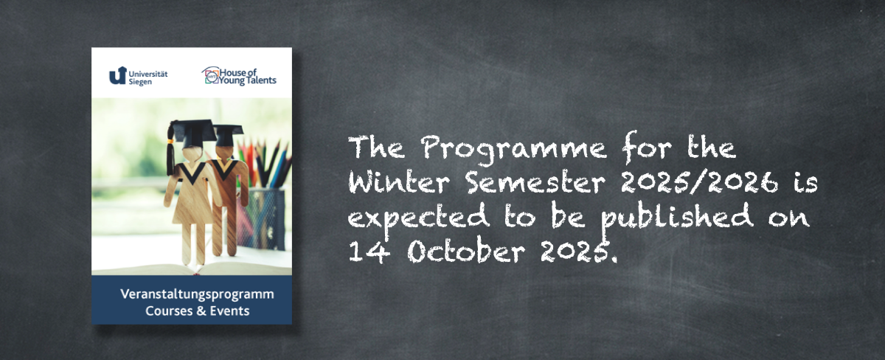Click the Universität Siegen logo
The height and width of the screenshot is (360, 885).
click(139, 76)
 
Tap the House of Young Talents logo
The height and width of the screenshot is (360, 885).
click(239, 76)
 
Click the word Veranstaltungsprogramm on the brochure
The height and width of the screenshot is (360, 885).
click(197, 295)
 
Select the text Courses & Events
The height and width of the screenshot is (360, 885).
click(197, 311)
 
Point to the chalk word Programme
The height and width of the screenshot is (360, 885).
click(513, 149)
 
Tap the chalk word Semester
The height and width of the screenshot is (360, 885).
click(535, 182)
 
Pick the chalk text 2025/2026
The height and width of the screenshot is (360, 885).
click(700, 182)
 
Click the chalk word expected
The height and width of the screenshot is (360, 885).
click(418, 218)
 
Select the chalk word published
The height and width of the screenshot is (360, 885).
click(677, 217)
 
